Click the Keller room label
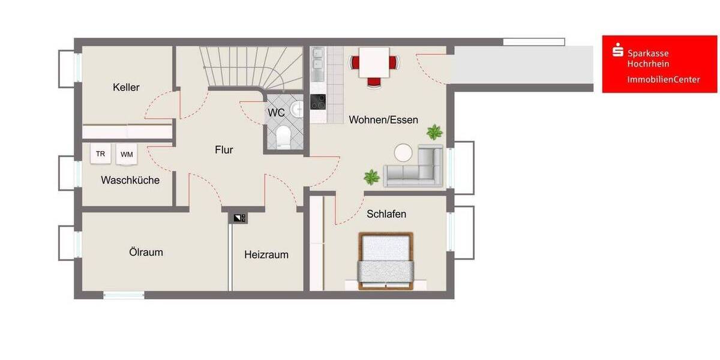point(126,88)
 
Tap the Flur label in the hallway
point(224,150)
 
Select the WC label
point(276,113)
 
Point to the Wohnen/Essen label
point(383,119)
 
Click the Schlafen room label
point(386,214)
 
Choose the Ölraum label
point(146,252)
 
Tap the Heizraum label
point(266,254)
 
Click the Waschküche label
point(130,180)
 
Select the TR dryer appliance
point(101,154)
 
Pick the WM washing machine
point(127,154)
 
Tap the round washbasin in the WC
point(296,109)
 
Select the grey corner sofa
point(416,167)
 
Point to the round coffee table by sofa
point(403,152)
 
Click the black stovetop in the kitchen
point(317,102)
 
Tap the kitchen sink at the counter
point(317,61)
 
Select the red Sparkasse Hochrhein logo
point(660,64)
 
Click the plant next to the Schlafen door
point(371,177)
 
